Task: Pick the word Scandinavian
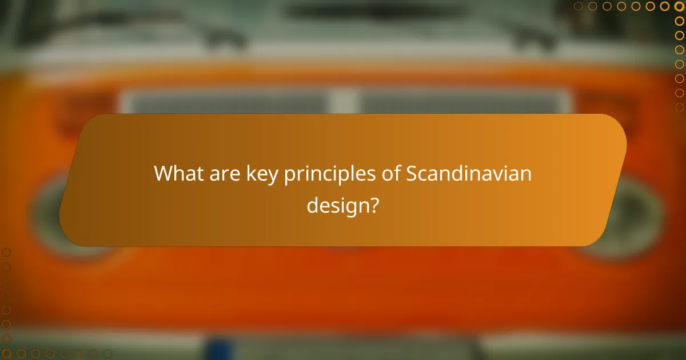click(x=469, y=174)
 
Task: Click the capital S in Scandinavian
click(x=412, y=174)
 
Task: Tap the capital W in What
click(x=163, y=174)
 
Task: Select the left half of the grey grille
click(x=229, y=102)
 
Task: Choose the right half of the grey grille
click(x=463, y=102)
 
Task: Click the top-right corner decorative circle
click(x=679, y=6)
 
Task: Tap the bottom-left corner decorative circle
click(x=6, y=354)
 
